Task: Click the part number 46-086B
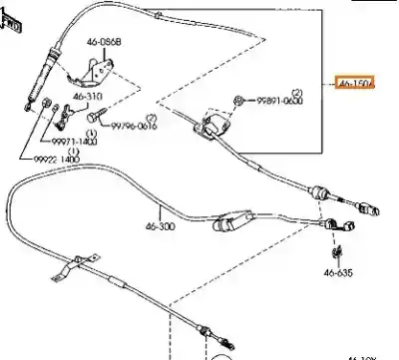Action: (105, 43)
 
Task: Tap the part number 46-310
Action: (88, 97)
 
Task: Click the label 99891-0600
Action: (276, 102)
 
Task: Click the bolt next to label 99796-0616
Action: (95, 119)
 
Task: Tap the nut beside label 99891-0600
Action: (241, 100)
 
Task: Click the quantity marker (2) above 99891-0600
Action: (296, 91)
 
